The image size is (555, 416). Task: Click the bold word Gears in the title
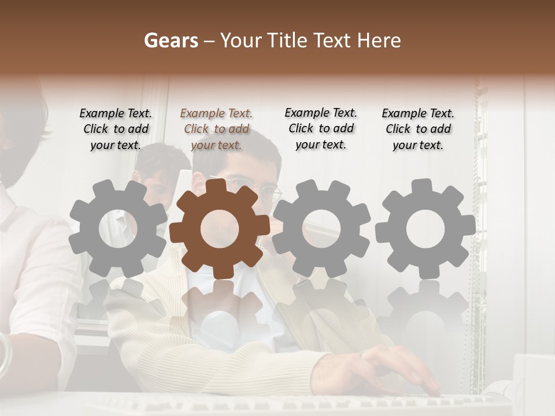171,40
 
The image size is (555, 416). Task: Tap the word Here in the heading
379,40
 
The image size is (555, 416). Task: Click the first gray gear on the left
118,227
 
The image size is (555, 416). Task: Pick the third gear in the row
321,227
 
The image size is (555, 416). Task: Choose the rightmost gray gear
425,227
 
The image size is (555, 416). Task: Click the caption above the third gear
321,129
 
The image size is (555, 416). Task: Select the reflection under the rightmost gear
425,312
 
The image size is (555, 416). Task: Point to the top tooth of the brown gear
220,187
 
